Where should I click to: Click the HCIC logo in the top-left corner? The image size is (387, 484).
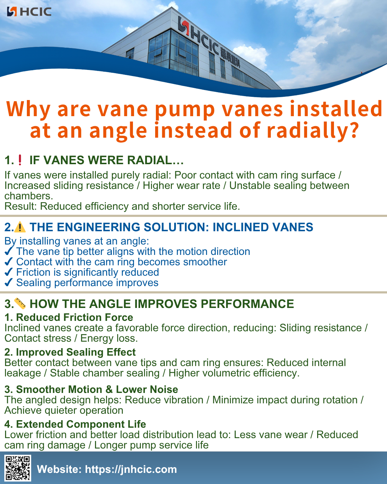29,11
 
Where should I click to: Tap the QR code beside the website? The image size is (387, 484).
18,468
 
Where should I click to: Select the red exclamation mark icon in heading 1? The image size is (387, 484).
20,160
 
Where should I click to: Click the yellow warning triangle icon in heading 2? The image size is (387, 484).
20,227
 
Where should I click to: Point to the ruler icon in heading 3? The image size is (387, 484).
20,303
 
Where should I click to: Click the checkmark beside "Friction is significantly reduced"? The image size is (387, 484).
9,272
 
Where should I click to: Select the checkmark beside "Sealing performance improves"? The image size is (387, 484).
9,283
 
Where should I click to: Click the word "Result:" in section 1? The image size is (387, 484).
21,207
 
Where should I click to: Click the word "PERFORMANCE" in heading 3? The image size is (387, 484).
247,304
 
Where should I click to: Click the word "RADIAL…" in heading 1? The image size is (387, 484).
161,160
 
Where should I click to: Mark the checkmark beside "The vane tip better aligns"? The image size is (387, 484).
9,251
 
